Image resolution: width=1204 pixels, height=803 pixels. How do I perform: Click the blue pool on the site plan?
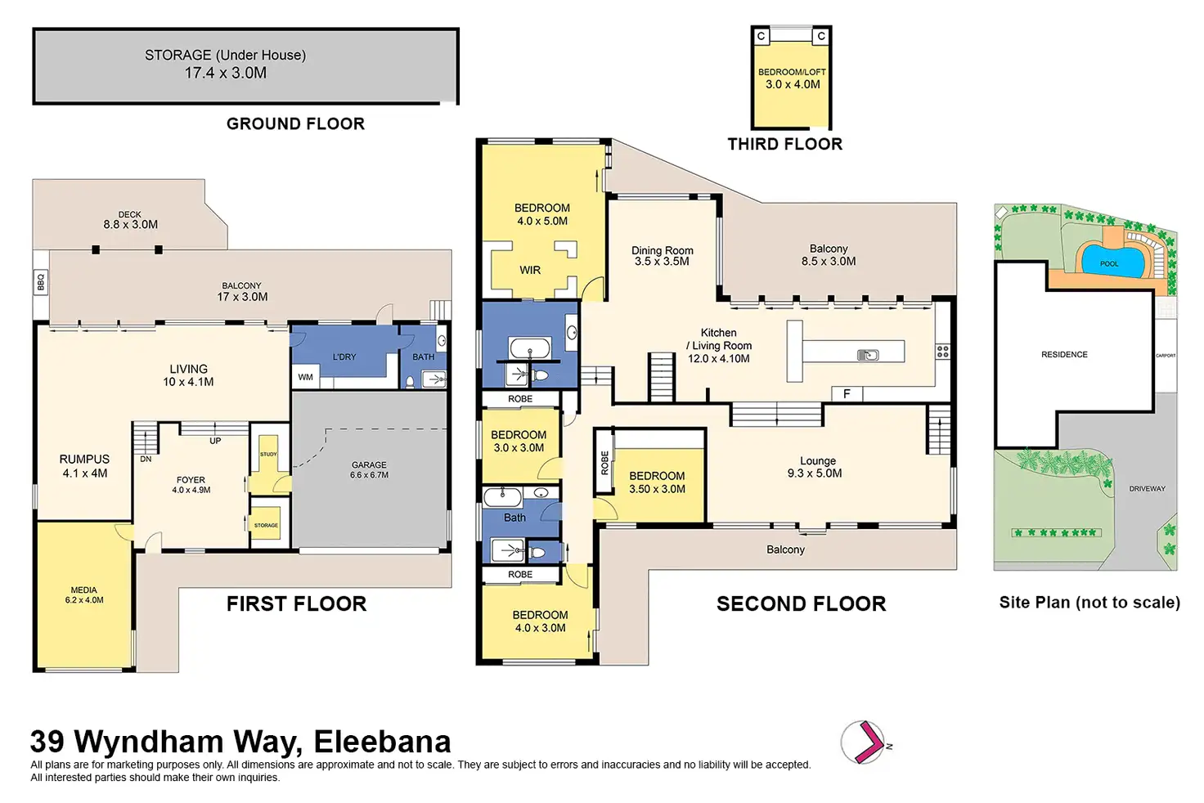tap(1110, 259)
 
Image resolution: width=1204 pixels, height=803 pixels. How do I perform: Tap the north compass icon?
tap(865, 742)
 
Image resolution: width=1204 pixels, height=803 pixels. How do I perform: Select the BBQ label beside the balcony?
tap(41, 282)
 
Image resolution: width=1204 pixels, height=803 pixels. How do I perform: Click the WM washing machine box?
tap(305, 377)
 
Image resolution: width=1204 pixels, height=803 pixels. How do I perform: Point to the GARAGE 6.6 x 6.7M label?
tap(369, 469)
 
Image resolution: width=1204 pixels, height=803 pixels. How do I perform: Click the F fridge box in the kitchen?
tap(847, 394)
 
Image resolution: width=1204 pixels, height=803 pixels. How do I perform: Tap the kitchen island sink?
tap(868, 354)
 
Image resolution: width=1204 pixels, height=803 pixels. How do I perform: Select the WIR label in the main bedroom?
tap(530, 270)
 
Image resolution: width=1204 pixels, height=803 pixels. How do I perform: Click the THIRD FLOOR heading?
tap(784, 145)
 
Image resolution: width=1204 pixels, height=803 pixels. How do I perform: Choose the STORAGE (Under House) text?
tap(225, 56)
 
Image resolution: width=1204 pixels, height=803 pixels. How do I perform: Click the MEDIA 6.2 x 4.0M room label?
tap(84, 594)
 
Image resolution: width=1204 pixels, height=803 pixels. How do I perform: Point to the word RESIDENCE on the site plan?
tap(1064, 355)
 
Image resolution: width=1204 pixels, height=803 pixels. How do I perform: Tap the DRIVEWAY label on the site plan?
tap(1147, 489)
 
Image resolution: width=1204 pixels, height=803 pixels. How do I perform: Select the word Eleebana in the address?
tap(382, 742)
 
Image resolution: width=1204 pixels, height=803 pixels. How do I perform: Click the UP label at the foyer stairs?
tap(215, 441)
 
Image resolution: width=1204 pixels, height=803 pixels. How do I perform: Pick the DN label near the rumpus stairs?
tap(146, 459)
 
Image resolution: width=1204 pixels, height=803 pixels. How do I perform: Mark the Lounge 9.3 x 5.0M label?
tap(817, 467)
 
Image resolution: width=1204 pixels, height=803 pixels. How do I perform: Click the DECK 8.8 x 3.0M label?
tap(130, 220)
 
